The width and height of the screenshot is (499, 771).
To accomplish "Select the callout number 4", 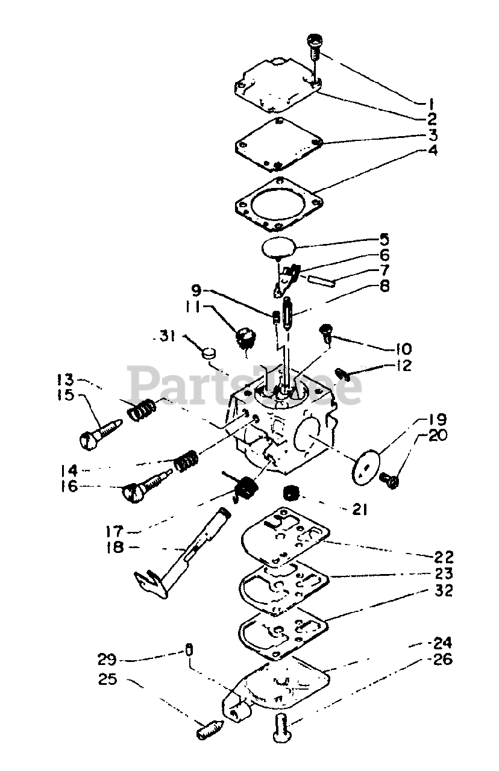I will [x=432, y=150].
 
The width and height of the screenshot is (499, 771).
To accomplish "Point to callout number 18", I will [x=114, y=547].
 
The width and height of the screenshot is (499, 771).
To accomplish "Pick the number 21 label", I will [x=359, y=510].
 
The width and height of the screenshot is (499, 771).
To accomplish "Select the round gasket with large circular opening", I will [x=277, y=205].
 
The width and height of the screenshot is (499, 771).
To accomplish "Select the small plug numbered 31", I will [x=209, y=352].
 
